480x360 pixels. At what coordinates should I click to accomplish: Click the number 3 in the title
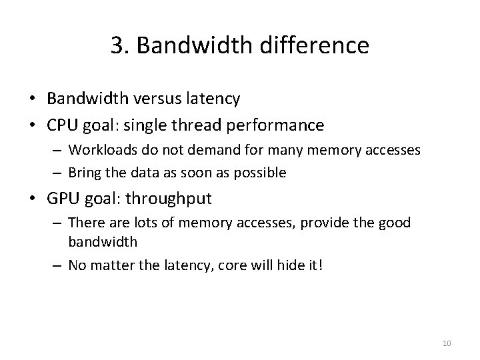click(117, 45)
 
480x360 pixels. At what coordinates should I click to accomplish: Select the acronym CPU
click(62, 125)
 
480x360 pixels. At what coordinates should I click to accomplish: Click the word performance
click(283, 125)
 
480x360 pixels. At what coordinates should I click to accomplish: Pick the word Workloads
click(99, 150)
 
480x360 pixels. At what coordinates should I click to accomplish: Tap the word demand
click(182, 150)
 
